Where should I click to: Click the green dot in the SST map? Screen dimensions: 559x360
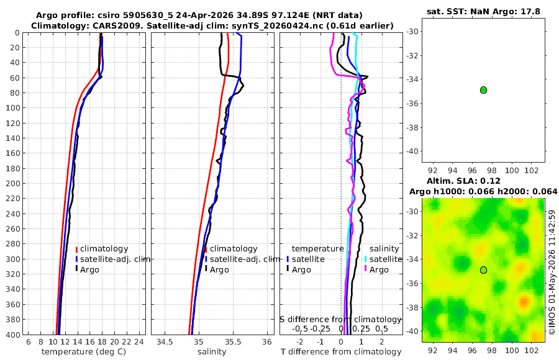pyautogui.click(x=483, y=90)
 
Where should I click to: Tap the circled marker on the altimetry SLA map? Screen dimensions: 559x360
pyautogui.click(x=483, y=270)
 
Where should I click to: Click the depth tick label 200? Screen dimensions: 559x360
pyautogui.click(x=12, y=183)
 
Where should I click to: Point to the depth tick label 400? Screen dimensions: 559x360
pyautogui.click(x=12, y=335)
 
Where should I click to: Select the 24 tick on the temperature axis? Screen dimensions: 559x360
pyautogui.click(x=139, y=342)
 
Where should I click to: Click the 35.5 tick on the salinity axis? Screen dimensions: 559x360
pyautogui.click(x=233, y=342)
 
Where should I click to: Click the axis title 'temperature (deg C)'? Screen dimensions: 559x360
pyautogui.click(x=84, y=352)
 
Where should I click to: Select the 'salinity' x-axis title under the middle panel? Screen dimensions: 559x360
pyautogui.click(x=212, y=352)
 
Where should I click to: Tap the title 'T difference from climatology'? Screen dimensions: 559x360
pyautogui.click(x=341, y=352)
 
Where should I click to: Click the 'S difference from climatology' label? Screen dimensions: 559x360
pyautogui.click(x=340, y=319)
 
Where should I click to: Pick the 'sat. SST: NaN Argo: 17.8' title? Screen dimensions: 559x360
pyautogui.click(x=483, y=11)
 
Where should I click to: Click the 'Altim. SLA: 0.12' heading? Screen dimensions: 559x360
pyautogui.click(x=463, y=181)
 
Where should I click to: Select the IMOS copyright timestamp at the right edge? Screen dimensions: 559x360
pyautogui.click(x=552, y=272)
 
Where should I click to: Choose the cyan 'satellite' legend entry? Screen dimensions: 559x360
pyautogui.click(x=384, y=259)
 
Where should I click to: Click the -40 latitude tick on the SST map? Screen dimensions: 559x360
pyautogui.click(x=413, y=151)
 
